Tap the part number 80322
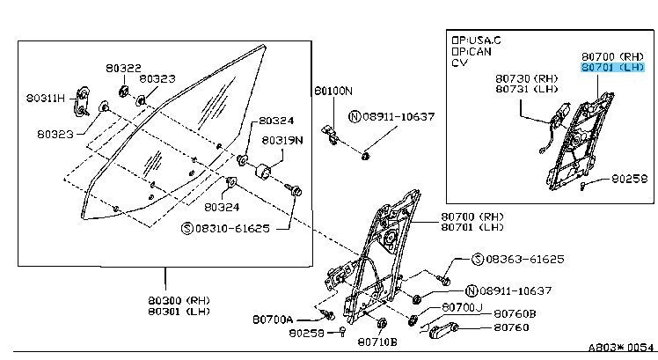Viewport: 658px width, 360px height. pyautogui.click(x=122, y=68)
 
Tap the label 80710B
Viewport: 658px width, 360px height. pyautogui.click(x=377, y=342)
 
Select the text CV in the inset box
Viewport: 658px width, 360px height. pyautogui.click(x=459, y=63)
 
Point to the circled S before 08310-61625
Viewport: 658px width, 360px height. pyautogui.click(x=186, y=227)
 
